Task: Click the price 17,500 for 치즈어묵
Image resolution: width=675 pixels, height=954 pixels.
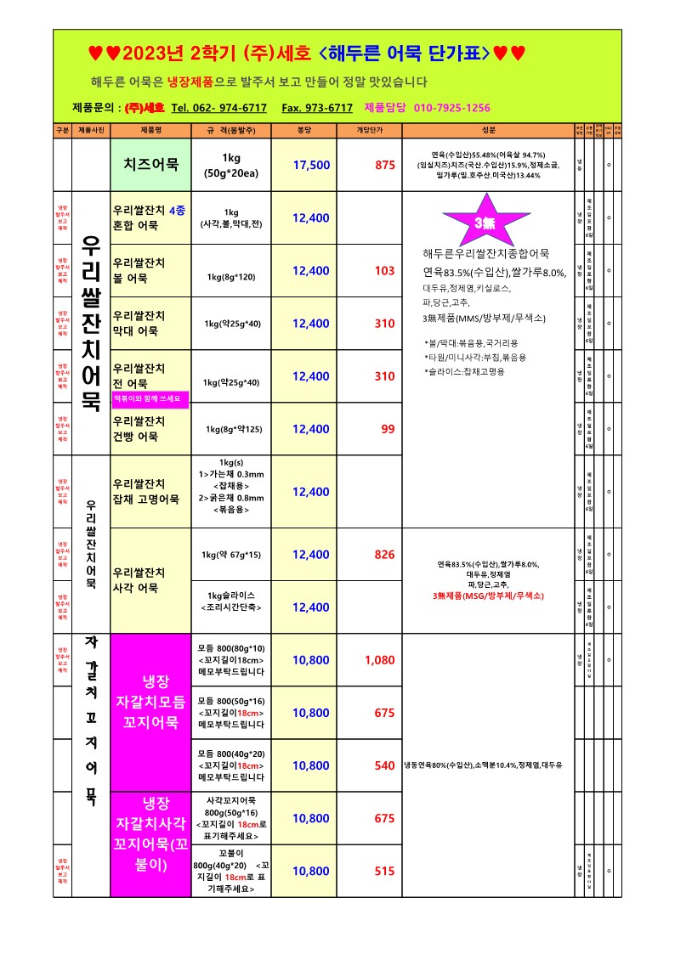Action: (311, 165)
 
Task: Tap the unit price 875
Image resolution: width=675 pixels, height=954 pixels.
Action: (384, 165)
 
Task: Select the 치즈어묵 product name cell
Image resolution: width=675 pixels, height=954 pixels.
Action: (150, 165)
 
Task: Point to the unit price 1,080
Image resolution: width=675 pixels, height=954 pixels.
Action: (379, 660)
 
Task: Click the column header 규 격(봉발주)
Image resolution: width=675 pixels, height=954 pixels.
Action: (232, 131)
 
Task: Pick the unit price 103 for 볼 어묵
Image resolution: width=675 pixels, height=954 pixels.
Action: (384, 271)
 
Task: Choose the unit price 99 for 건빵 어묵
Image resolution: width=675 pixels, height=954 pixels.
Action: (388, 429)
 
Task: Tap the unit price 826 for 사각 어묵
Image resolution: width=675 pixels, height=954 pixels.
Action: (384, 555)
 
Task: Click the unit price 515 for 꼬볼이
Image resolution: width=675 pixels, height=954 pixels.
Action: (384, 871)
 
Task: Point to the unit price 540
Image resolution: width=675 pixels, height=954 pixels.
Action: (384, 765)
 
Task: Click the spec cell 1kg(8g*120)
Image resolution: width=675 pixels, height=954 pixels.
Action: (230, 277)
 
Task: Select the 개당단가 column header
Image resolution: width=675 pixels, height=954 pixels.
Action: (372, 131)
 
